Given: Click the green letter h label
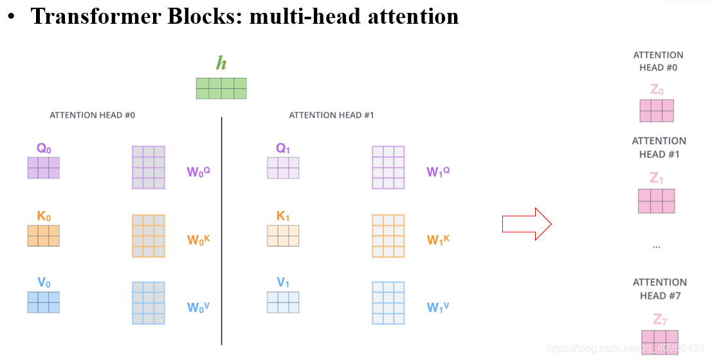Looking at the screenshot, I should [221, 63].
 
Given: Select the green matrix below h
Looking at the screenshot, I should [221, 88].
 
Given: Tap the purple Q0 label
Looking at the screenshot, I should [44, 148].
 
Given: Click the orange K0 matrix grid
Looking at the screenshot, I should [44, 236].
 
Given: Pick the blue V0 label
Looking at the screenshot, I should [44, 282].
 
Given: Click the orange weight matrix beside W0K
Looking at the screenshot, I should [149, 236].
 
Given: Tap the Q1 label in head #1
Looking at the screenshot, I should [283, 148].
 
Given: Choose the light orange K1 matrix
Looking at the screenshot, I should [283, 236].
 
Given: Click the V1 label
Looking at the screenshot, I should [283, 282].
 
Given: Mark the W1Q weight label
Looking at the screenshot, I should [438, 172].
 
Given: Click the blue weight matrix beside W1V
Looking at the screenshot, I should [388, 303].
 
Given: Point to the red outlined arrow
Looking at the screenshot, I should [527, 224].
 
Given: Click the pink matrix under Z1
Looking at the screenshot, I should [657, 201].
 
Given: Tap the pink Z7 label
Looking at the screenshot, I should [659, 319].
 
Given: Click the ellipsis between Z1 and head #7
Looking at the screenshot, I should [657, 246].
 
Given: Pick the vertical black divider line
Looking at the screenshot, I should [222, 231].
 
